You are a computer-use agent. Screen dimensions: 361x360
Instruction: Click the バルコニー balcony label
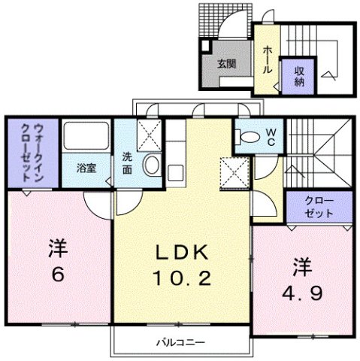click(x=180, y=342)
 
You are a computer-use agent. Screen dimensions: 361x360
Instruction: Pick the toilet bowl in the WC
click(x=246, y=136)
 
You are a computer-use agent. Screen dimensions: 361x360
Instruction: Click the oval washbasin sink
click(x=150, y=165)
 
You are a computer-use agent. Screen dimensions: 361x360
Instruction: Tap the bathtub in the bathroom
click(x=85, y=138)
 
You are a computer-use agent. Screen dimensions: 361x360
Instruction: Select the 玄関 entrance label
click(x=227, y=64)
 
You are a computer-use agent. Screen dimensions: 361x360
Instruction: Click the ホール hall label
click(x=268, y=58)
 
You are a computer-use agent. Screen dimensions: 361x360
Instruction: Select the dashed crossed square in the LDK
click(x=234, y=174)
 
